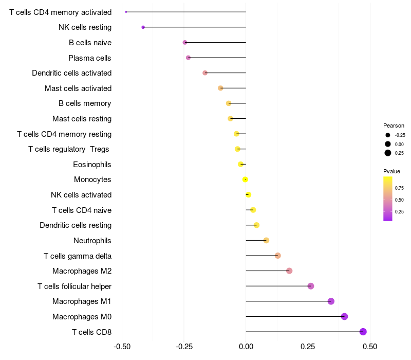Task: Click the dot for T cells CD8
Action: (363, 332)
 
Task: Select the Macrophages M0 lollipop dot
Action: (344, 316)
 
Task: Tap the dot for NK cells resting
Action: (143, 27)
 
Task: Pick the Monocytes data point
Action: (245, 179)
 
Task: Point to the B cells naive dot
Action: (185, 42)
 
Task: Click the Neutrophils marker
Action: (266, 240)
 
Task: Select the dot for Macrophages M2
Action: (289, 271)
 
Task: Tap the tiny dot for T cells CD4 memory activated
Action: (126, 12)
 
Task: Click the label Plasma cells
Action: (89, 58)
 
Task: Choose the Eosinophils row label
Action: (92, 165)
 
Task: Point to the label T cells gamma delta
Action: (78, 256)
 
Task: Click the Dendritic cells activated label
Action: (72, 73)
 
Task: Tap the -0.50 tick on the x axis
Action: (122, 347)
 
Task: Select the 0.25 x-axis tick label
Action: (308, 347)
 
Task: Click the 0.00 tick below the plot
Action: (246, 347)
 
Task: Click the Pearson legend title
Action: (394, 125)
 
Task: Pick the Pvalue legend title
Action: (391, 171)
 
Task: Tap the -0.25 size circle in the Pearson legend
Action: (388, 135)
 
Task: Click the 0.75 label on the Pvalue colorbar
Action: (399, 188)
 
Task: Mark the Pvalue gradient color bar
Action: (388, 199)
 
